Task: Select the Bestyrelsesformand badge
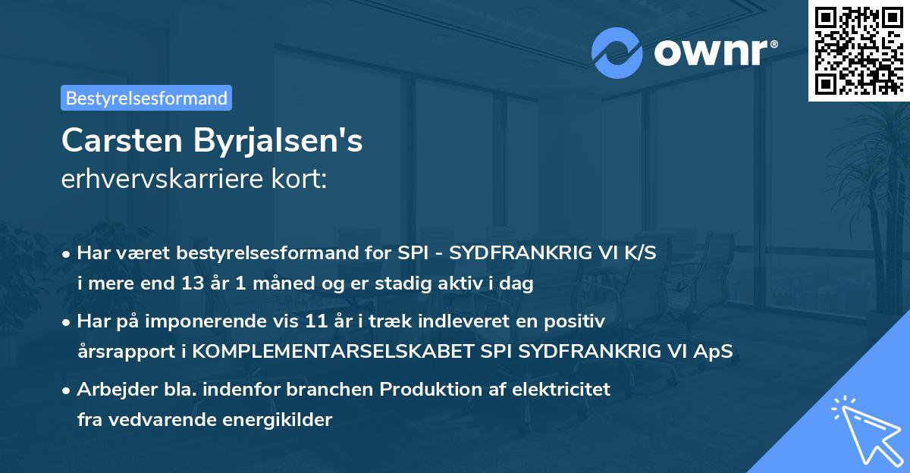tap(146, 98)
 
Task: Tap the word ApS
tap(713, 352)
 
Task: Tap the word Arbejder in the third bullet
tap(111, 390)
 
